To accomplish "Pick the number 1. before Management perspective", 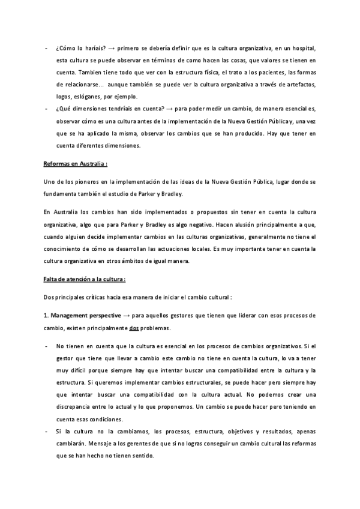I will (x=46, y=315).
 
